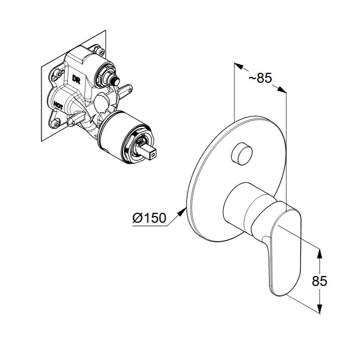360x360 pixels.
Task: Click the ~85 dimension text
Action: (260, 78)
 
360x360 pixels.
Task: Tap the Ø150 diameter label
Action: (149, 218)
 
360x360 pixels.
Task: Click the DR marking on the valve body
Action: (76, 79)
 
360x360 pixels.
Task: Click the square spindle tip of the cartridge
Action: (150, 153)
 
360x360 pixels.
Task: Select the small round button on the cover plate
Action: (242, 153)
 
